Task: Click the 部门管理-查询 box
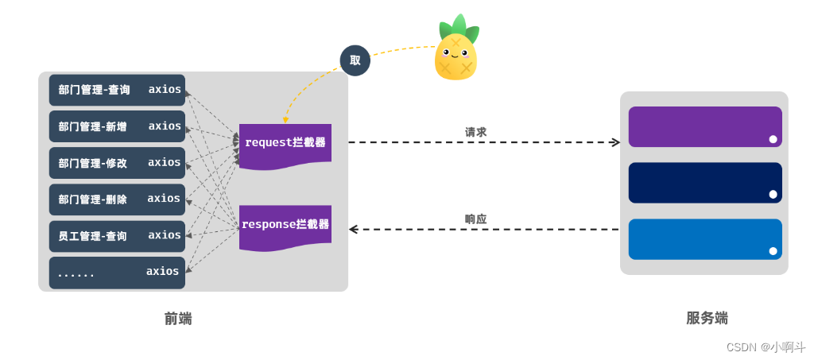(117, 90)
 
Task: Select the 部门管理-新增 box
(117, 126)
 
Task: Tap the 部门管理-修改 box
(117, 163)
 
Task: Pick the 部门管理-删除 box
(117, 199)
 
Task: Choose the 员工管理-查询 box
(117, 236)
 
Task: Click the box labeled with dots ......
(117, 273)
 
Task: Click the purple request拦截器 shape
(285, 144)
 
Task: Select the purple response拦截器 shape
(285, 226)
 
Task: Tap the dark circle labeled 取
(355, 60)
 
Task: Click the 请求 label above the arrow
(475, 132)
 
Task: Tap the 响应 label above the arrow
(475, 219)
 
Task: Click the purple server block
(704, 126)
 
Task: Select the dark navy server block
(704, 182)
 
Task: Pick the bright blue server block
(704, 238)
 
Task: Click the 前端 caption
(178, 319)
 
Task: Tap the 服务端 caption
(707, 318)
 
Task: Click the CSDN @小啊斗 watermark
(766, 347)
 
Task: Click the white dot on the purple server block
(773, 139)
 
